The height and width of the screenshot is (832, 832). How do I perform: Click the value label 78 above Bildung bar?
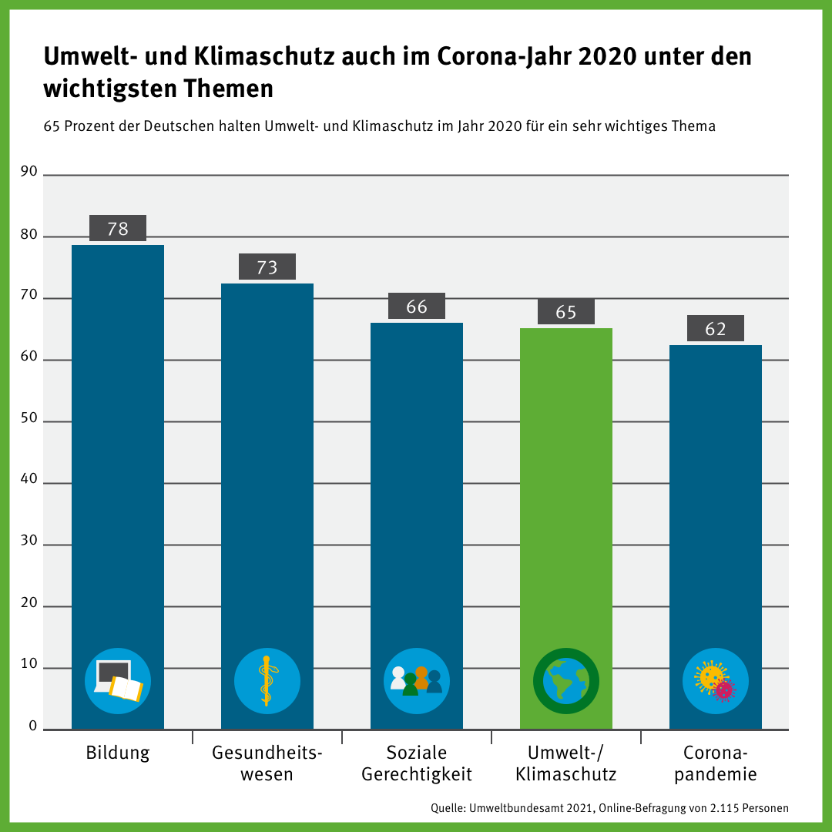point(118,228)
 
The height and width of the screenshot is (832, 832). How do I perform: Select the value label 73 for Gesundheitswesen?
point(267,267)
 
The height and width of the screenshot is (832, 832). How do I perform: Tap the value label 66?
point(417,307)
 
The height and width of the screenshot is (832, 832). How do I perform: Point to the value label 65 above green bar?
point(566,311)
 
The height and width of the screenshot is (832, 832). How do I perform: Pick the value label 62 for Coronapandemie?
point(716,328)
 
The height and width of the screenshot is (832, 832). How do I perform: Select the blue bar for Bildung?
point(118,462)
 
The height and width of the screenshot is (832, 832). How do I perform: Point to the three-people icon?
point(417,680)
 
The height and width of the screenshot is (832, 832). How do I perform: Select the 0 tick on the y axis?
point(32,725)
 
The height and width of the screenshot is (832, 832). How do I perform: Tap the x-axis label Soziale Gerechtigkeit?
point(417,763)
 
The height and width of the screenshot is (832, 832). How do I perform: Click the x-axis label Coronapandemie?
point(716,763)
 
